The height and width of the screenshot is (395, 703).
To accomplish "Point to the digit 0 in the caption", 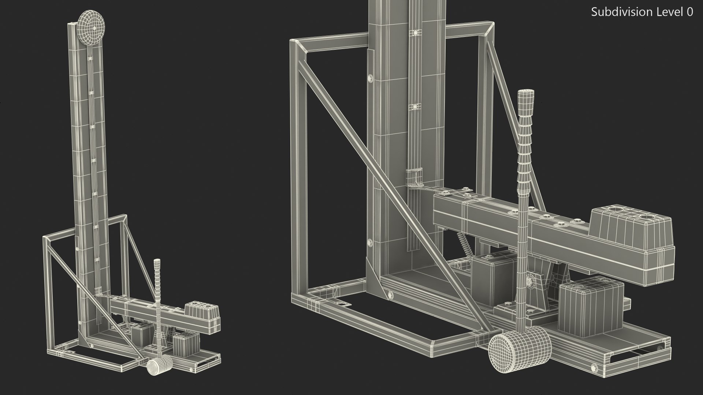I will coord(690,12).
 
